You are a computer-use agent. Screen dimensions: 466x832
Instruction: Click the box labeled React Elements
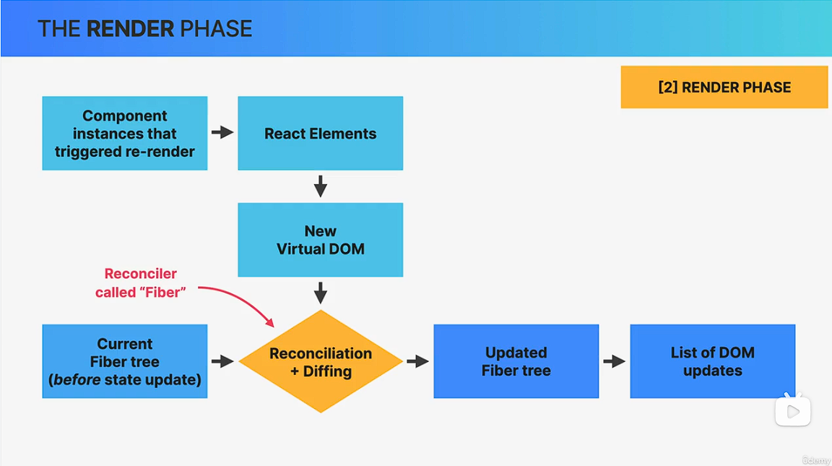320,134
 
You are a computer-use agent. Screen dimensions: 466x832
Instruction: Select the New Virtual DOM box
320,240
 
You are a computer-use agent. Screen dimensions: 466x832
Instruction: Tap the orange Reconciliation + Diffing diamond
321,361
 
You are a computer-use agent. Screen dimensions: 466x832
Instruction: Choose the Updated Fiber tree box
516,361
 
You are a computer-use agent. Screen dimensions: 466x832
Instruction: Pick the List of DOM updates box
712,361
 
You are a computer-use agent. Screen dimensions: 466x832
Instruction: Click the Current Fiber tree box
125,361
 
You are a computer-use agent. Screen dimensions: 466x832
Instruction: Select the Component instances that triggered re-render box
125,134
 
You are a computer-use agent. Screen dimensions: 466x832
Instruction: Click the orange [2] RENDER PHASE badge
724,87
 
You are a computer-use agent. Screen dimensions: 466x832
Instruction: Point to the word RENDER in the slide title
130,29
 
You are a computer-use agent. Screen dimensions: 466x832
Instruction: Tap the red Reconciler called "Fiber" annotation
140,282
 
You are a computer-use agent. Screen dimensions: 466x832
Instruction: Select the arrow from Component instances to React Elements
222,133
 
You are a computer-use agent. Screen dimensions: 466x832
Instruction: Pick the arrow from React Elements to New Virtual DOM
321,187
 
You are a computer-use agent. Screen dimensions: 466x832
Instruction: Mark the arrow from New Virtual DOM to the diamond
321,293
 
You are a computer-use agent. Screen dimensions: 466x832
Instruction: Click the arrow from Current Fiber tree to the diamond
222,361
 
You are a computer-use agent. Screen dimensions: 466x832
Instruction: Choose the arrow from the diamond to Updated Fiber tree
418,361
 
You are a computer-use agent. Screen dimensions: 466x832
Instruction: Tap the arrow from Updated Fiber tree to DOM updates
614,361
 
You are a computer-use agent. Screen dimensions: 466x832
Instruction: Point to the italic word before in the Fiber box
76,379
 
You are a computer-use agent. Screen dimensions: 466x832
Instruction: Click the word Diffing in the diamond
327,371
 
